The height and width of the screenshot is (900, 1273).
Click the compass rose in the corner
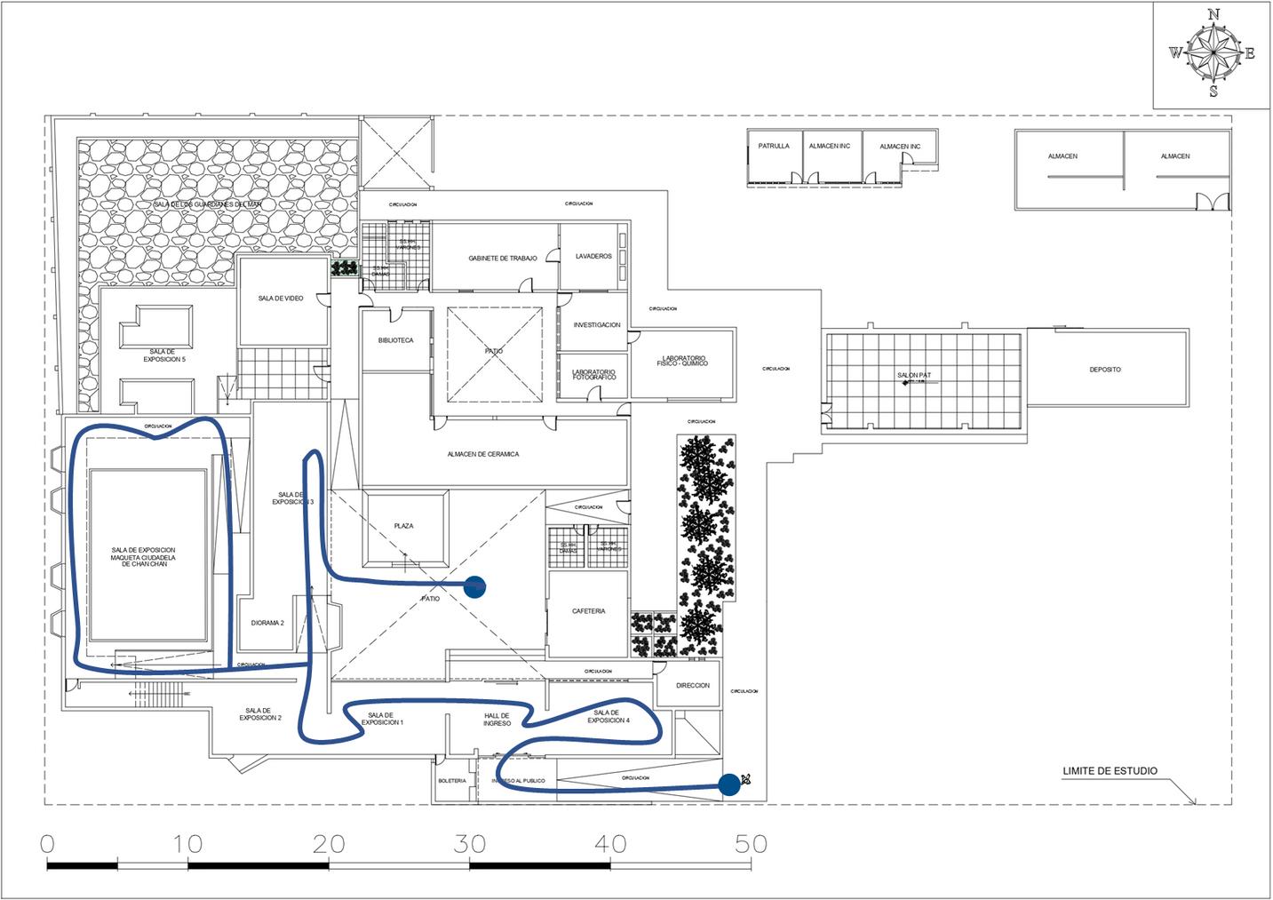[1213, 53]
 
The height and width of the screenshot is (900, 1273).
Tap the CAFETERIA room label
[589, 611]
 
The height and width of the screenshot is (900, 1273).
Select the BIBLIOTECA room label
[395, 340]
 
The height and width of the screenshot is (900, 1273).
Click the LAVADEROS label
[593, 257]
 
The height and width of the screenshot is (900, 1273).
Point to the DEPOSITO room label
[1105, 370]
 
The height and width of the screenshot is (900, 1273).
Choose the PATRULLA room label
[773, 146]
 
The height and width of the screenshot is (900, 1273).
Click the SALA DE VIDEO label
[281, 299]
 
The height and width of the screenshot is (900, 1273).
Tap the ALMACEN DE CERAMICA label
[483, 454]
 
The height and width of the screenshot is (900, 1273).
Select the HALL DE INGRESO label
[497, 720]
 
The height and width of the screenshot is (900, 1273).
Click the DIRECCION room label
[693, 686]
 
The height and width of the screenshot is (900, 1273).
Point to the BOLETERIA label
[452, 781]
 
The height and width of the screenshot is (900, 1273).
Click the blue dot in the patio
[475, 586]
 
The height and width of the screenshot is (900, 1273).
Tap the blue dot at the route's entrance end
[729, 784]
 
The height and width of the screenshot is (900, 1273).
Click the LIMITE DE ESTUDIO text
[1110, 771]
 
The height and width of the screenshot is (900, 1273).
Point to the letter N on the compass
[1213, 14]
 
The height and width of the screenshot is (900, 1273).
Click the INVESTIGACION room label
[597, 325]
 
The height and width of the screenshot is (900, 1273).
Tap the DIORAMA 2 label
[267, 623]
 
